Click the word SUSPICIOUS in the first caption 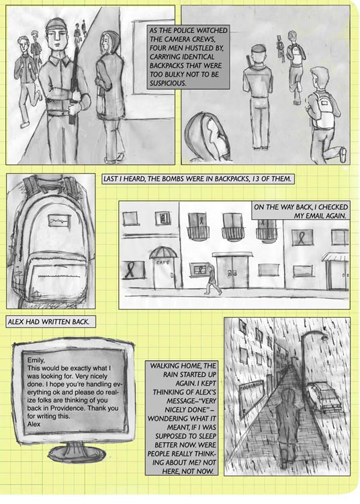[168, 83]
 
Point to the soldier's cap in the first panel [56, 24]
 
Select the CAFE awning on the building [163, 252]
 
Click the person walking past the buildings [212, 280]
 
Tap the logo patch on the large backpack [59, 221]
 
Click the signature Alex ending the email [34, 424]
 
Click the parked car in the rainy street [323, 396]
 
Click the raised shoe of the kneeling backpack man [343, 155]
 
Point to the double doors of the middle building [232, 271]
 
